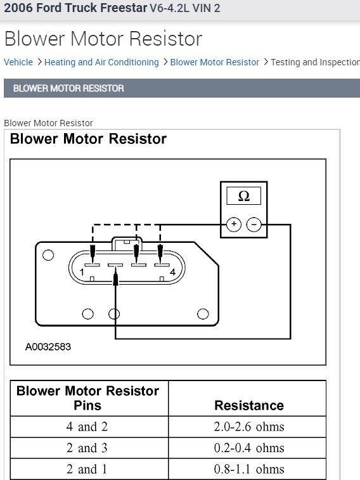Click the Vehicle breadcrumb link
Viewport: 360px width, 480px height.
(18, 62)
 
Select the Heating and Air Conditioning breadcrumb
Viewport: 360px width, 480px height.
(101, 62)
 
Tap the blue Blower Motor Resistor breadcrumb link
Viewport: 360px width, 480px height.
(215, 62)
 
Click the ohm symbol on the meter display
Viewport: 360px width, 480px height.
(244, 197)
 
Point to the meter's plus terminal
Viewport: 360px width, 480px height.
(234, 224)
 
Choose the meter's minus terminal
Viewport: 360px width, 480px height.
(254, 224)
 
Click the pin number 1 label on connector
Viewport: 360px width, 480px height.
(82, 272)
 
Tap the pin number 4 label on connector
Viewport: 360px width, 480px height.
(172, 272)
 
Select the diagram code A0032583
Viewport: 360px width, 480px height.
(48, 347)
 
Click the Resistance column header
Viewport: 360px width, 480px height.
(248, 405)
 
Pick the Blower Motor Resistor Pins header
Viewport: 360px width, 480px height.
(87, 398)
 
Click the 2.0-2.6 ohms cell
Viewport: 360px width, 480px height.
(248, 427)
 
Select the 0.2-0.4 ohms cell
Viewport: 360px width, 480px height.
(248, 448)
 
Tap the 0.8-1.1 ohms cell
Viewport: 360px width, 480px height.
(248, 469)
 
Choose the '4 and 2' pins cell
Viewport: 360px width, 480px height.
(87, 427)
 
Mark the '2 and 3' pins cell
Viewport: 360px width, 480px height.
(87, 448)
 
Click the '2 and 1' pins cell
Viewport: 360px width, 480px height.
(87, 469)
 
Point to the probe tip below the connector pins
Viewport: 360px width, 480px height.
(115, 278)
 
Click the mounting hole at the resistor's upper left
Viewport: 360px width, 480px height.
(48, 256)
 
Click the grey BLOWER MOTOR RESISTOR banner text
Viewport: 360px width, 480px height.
(68, 88)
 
